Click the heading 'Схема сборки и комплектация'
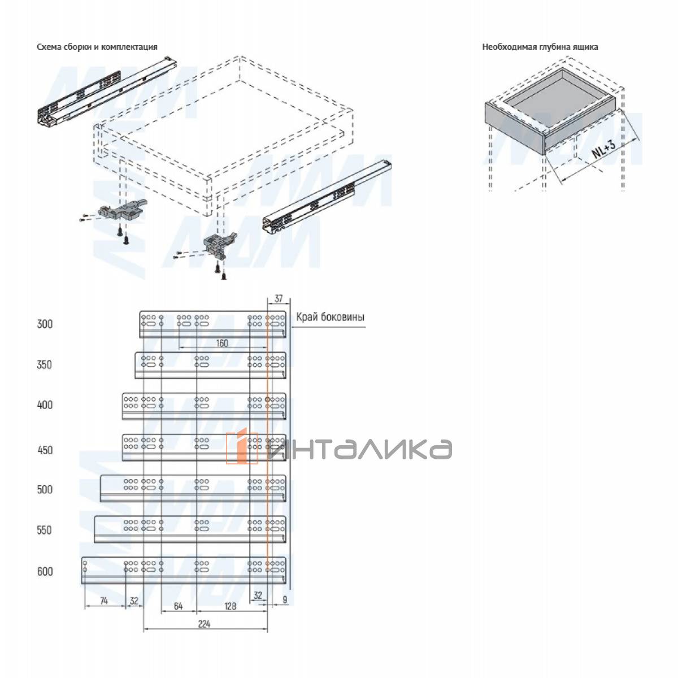coord(97,47)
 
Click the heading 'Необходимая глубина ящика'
coord(540,47)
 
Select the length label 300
coord(45,324)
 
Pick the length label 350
coord(45,365)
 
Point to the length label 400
coord(45,405)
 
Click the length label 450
coord(45,450)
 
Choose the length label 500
coord(45,490)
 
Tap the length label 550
coord(45,530)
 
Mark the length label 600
coord(45,572)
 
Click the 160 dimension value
coord(222,344)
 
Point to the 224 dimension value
coord(204,624)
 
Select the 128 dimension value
coord(230,607)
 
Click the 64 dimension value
coord(178,607)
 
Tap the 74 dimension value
coord(104,601)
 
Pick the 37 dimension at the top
coord(279,298)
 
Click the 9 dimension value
coord(284,599)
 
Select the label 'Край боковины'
coord(331,318)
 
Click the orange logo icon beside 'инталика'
coord(242,448)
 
